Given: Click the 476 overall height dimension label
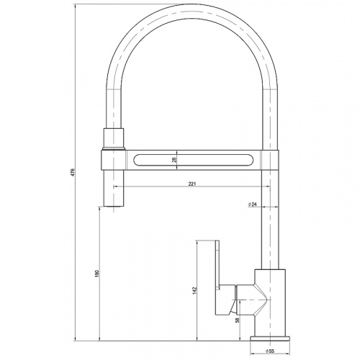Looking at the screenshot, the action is [x=73, y=172].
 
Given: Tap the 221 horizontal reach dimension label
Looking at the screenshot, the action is [x=192, y=184].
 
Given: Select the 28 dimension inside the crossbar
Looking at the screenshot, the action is [x=174, y=160].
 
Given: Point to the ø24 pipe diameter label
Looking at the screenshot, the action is [x=253, y=204].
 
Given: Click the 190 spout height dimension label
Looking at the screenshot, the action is [x=97, y=274].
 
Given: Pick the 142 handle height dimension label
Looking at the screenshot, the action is [x=194, y=291].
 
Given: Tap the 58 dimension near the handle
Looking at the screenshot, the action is [x=238, y=320].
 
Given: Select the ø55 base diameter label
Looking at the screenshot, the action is [x=270, y=351].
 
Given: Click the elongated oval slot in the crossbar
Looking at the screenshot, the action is [x=193, y=160].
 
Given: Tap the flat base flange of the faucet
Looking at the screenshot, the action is [x=270, y=338].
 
